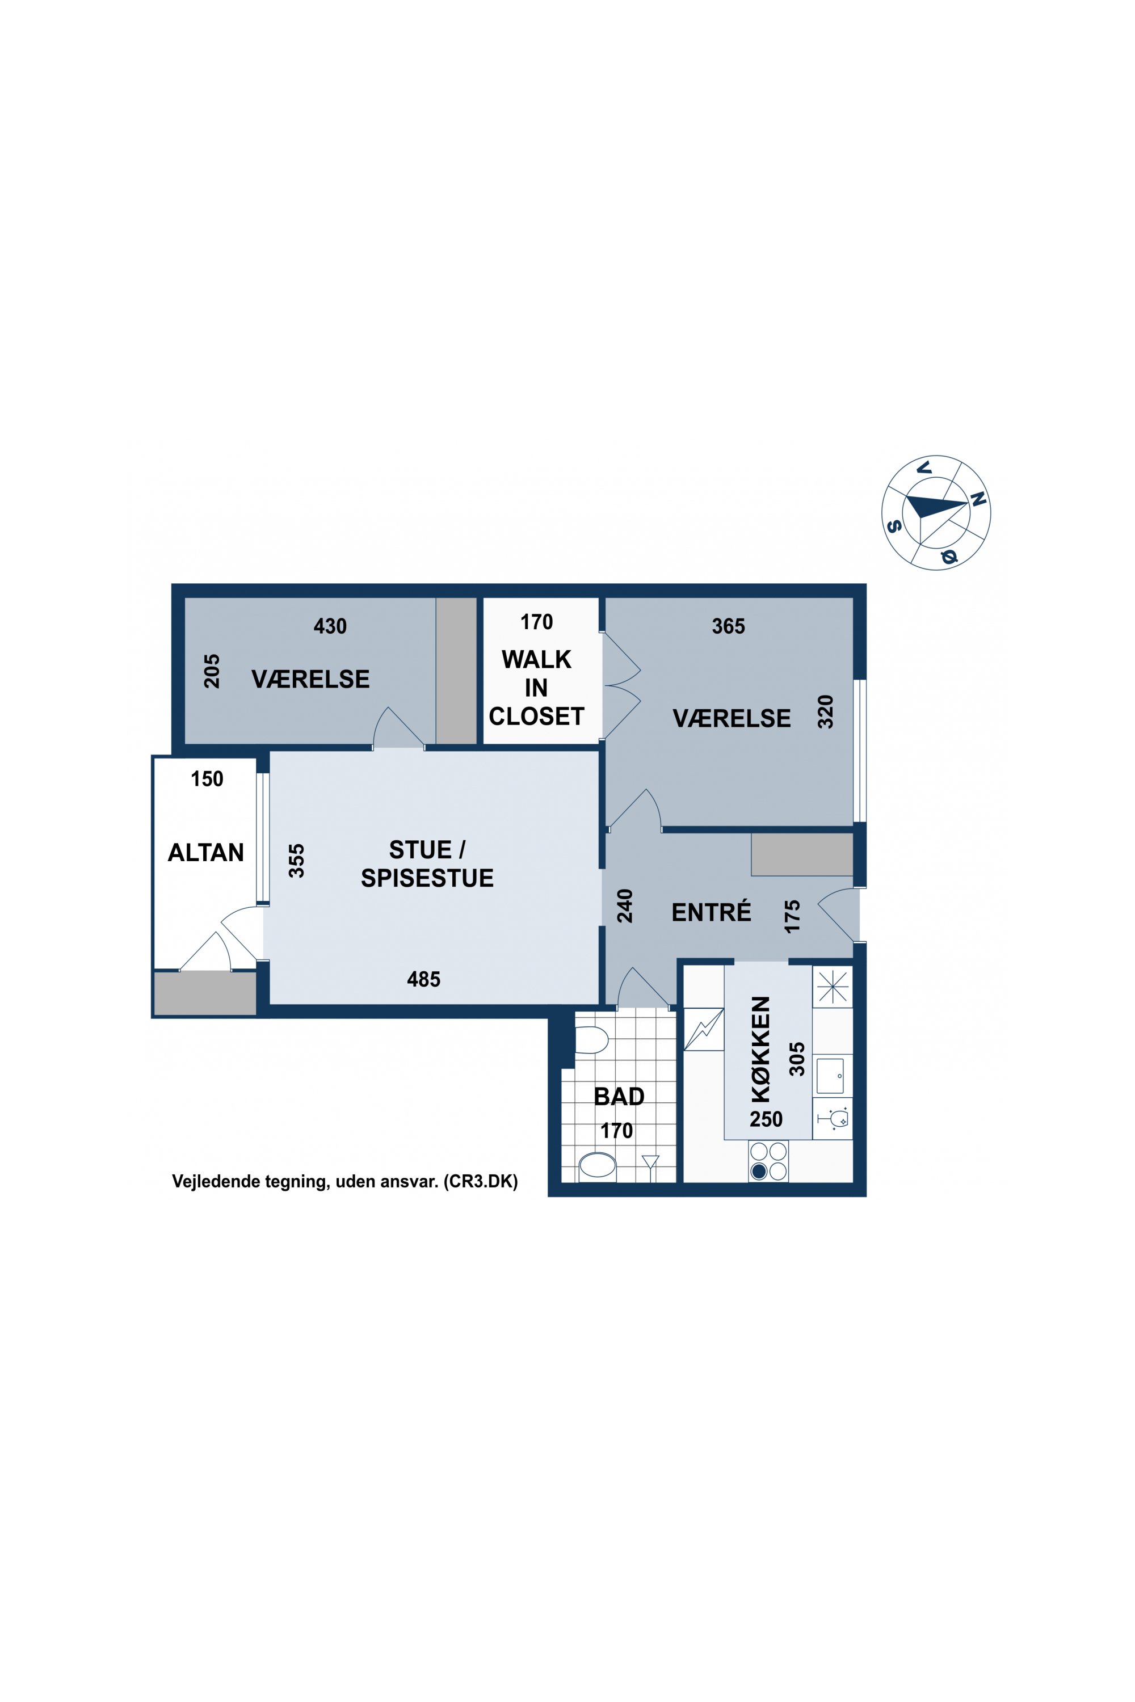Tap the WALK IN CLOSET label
(x=536, y=688)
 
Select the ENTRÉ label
(x=711, y=912)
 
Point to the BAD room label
(x=619, y=1097)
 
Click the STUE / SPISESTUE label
(x=427, y=863)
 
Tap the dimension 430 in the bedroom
(x=330, y=626)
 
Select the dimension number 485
(x=423, y=979)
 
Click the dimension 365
(x=728, y=626)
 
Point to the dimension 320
(x=825, y=711)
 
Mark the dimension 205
(x=211, y=672)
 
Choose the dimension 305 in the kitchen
(x=796, y=1059)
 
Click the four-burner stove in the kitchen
(x=768, y=1161)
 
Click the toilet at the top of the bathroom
(x=591, y=1040)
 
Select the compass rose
(x=936, y=512)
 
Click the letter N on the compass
(x=978, y=499)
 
